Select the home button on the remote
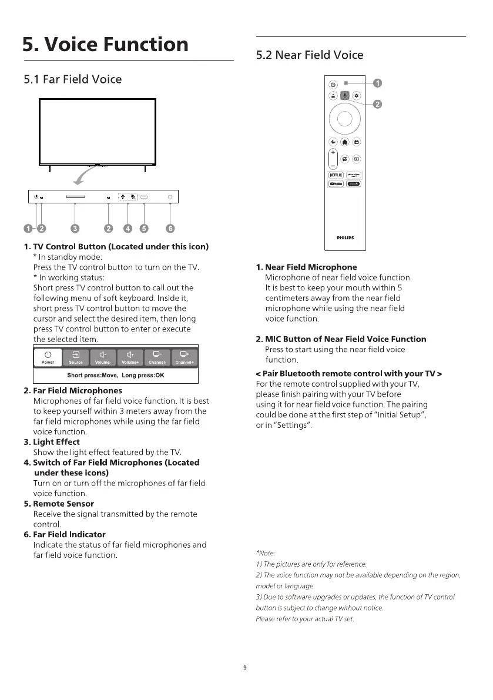tap(344, 142)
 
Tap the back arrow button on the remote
tap(333, 142)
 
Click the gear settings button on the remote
tap(356, 95)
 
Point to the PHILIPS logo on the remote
tap(345, 238)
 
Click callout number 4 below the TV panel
tap(129, 229)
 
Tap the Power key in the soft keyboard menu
tap(48, 357)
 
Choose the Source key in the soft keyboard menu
tap(76, 357)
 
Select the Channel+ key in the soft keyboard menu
tap(185, 357)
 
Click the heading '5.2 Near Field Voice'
tap(310, 55)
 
